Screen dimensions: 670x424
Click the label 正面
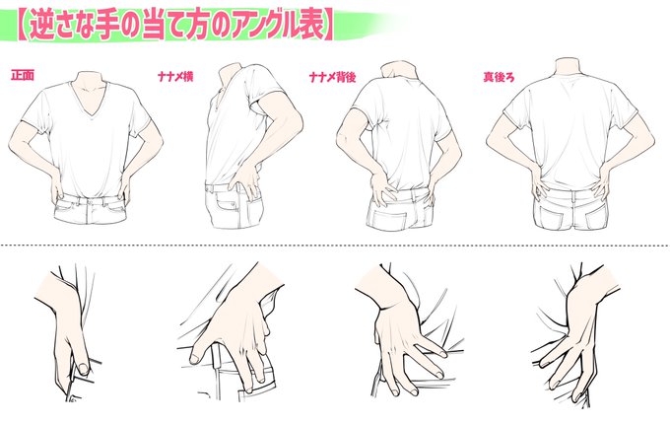click(x=23, y=76)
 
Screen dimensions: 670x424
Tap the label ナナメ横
click(x=175, y=77)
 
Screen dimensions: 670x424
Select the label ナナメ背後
click(x=332, y=77)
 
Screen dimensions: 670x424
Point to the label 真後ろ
click(x=499, y=77)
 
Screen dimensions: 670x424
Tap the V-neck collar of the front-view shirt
click(x=91, y=104)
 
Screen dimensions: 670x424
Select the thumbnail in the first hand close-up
click(x=84, y=369)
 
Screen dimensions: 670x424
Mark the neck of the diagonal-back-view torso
click(x=398, y=70)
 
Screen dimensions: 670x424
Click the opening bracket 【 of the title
click(x=23, y=27)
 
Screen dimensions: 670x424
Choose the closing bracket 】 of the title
click(x=328, y=27)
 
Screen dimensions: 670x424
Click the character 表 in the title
click(x=308, y=27)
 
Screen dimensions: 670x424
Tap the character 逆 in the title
click(x=42, y=27)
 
